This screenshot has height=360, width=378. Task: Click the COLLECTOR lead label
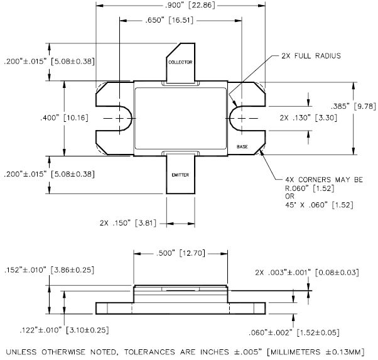[180, 63]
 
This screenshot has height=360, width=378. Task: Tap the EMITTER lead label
[180, 174]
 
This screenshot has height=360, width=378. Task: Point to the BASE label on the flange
[242, 146]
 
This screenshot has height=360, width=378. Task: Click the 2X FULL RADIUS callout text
[307, 56]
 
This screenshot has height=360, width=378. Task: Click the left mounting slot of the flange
[121, 118]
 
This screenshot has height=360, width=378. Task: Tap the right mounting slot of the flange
[239, 118]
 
